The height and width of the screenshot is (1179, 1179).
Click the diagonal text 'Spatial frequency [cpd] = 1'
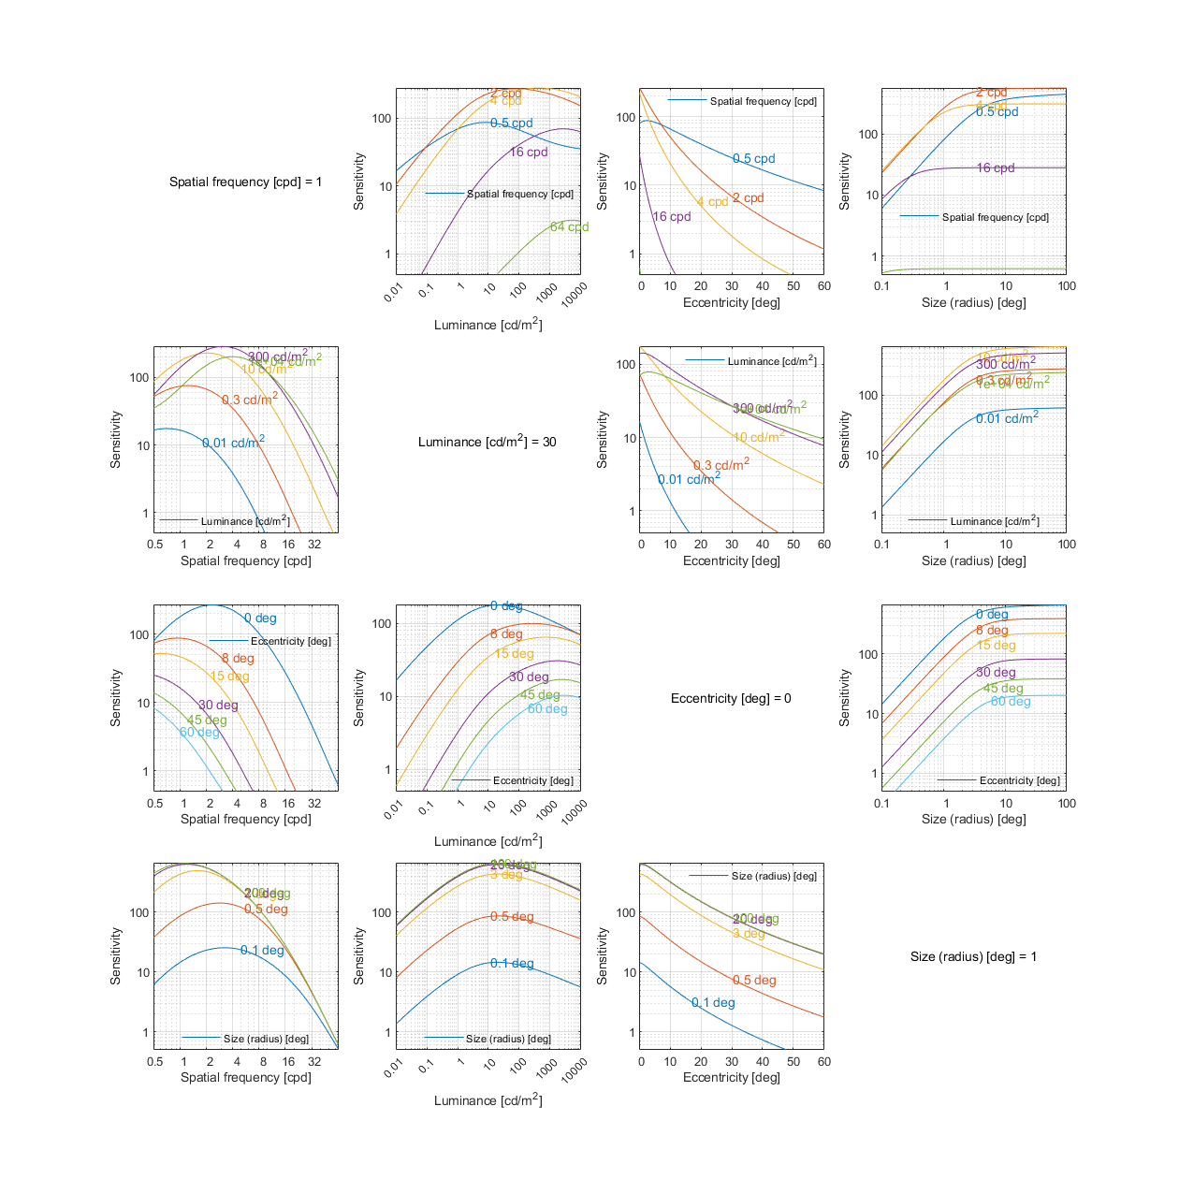coord(245,182)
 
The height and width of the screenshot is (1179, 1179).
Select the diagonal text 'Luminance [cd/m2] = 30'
coord(487,441)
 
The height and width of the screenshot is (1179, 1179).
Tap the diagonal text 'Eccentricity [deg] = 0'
coord(731,698)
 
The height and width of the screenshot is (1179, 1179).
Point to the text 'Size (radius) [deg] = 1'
coord(973,956)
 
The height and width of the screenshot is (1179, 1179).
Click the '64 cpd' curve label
coord(569,227)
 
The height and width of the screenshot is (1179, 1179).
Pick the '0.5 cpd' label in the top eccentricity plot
coord(753,159)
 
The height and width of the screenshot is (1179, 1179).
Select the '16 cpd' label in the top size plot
coord(996,168)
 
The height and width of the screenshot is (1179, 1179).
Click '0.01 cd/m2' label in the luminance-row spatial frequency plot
coord(233,443)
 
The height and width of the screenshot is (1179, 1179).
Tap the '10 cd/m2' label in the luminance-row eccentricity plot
coord(758,437)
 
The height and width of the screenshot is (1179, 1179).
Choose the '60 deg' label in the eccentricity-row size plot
coord(1011,702)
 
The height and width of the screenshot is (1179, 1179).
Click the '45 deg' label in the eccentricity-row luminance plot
coord(540,695)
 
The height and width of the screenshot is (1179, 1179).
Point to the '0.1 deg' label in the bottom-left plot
coord(262,951)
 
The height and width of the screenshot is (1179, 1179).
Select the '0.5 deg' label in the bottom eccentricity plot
coord(754,981)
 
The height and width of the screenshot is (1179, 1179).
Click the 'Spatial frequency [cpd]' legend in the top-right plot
coord(995,217)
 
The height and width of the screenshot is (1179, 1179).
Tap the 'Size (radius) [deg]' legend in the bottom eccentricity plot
coord(774,876)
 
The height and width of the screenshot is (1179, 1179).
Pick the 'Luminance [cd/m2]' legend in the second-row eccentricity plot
coord(771,361)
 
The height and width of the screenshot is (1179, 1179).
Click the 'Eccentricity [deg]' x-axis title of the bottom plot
coord(731,1078)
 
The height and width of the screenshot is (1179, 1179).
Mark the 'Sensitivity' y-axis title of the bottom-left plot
coord(116,956)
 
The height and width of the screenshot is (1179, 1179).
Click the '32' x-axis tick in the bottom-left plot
coord(314,1062)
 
